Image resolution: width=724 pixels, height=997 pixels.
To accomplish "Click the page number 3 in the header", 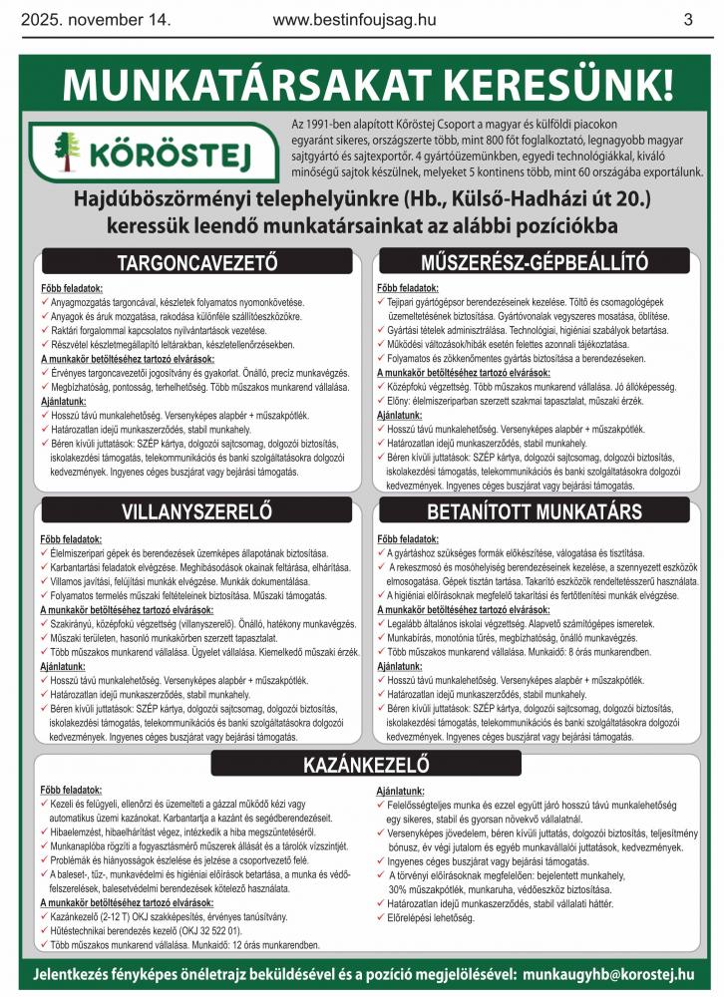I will click(x=688, y=19).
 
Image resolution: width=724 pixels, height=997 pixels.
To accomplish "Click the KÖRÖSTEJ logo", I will click(x=139, y=153).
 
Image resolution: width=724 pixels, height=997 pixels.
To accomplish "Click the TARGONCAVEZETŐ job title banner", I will click(x=196, y=263).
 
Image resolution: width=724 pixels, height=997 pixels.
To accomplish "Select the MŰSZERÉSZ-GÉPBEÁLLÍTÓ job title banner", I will click(x=535, y=263).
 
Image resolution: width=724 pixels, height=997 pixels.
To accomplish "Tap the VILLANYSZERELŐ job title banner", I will click(x=196, y=514).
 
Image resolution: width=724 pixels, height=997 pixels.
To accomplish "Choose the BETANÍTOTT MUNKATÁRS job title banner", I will click(x=535, y=514).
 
